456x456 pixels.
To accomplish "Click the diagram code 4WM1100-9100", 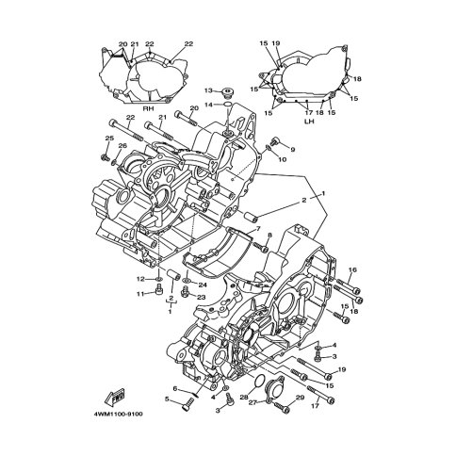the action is (118, 414).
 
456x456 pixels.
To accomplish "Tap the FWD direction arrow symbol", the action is (115, 397).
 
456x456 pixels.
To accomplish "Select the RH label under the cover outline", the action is (149, 109).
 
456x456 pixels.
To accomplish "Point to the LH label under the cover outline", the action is (309, 121).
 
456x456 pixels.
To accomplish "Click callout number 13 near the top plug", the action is (209, 90).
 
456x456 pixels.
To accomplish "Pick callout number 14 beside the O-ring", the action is (209, 105).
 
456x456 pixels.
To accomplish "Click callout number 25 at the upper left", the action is (109, 138).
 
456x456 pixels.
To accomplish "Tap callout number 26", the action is (122, 146).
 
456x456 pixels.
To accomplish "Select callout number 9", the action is (293, 150).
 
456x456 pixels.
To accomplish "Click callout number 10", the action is (283, 159).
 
